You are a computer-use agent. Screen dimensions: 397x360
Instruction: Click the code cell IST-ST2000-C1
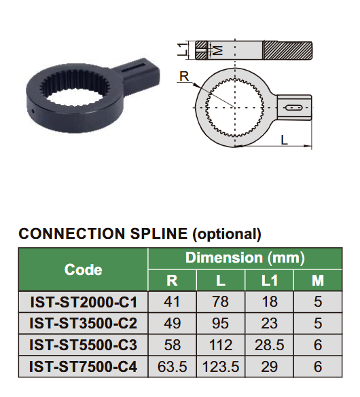(83, 301)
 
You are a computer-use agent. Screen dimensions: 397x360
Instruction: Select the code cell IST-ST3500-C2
(83, 324)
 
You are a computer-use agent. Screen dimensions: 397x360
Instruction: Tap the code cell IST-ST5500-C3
(83, 346)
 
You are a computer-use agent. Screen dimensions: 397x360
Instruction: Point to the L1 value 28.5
(269, 346)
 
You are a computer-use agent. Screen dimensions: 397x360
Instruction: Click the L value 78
(221, 301)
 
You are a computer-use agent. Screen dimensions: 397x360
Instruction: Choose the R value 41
(172, 301)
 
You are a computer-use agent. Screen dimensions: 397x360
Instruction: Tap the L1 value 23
(269, 324)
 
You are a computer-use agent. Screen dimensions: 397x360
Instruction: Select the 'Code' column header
(83, 269)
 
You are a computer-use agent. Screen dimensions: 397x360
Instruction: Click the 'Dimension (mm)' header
(245, 258)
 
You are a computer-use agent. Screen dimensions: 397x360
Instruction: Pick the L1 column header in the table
(269, 280)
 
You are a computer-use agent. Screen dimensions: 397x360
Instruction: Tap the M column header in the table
(317, 280)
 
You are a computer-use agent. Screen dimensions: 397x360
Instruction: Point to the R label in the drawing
(183, 77)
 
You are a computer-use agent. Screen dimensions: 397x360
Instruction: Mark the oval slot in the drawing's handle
(293, 107)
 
